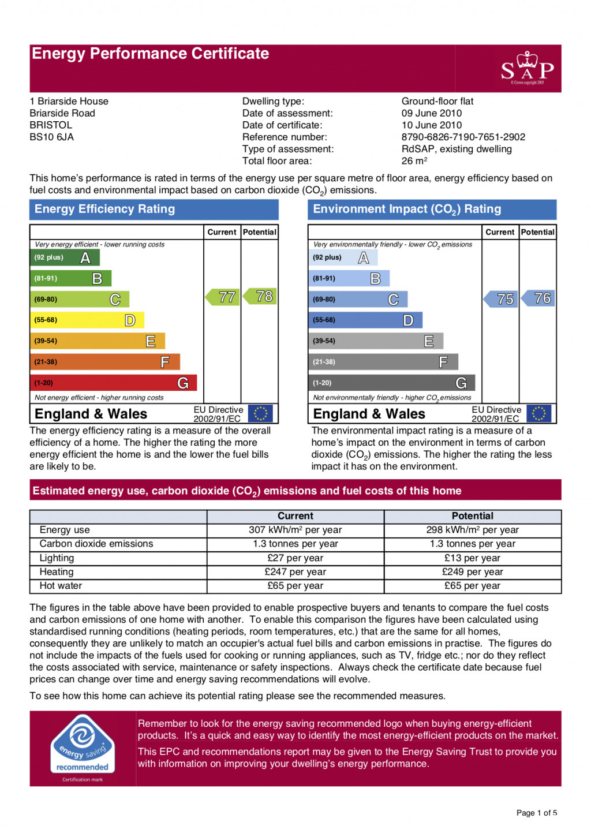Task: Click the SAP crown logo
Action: [528, 69]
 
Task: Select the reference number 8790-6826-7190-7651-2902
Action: [463, 137]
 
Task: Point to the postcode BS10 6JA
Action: [52, 137]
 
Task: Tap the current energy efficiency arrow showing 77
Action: [223, 297]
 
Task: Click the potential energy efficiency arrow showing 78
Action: [261, 296]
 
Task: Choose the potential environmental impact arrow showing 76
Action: [539, 298]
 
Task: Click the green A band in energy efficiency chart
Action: [65, 257]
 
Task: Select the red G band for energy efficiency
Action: [113, 383]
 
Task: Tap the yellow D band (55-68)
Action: [87, 320]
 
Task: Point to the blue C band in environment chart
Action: [358, 299]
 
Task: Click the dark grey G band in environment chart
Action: [391, 383]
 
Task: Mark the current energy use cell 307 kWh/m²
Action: [295, 530]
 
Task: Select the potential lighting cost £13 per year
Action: [472, 558]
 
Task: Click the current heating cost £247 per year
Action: [295, 572]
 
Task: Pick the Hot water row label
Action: [61, 586]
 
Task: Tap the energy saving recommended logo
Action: [83, 746]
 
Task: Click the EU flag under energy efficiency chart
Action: [260, 413]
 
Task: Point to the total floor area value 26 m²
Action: [414, 161]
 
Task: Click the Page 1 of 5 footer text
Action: [536, 813]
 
